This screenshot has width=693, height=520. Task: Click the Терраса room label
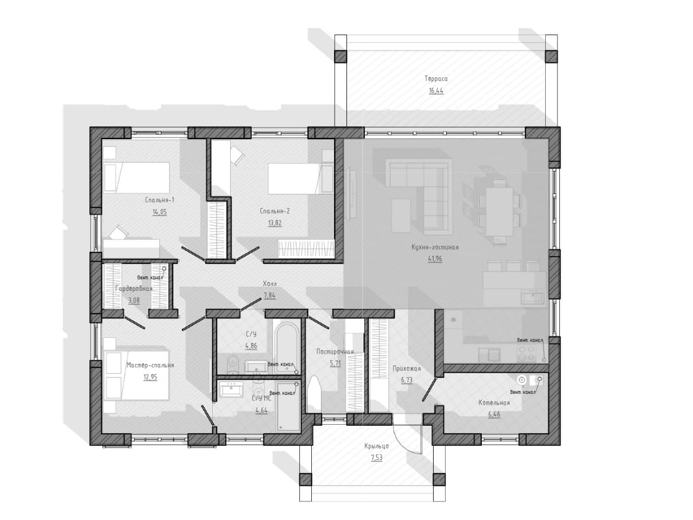pos(436,79)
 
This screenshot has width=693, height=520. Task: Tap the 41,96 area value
pos(435,259)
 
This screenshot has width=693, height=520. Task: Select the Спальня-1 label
pos(159,200)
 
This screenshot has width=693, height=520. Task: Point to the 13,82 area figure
pos(274,223)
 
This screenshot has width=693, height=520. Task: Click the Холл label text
pos(270,284)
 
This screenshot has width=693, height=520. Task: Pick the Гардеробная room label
pos(134,289)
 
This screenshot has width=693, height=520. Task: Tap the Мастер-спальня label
pos(151,365)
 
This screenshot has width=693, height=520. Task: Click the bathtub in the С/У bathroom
pos(286,348)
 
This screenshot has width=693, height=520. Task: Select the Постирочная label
pos(335,352)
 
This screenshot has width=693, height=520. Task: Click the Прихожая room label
pos(407,368)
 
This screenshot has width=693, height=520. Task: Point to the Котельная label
pos(494,402)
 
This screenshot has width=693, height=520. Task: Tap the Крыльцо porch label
pos(376,446)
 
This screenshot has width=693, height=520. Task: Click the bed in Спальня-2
pos(300,178)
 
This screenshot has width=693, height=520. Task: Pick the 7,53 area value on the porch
pos(377,458)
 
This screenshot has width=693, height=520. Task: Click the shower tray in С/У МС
pos(288,406)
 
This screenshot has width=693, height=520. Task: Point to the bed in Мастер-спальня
pos(136,375)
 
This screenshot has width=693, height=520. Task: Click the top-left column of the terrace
pos(341,56)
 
